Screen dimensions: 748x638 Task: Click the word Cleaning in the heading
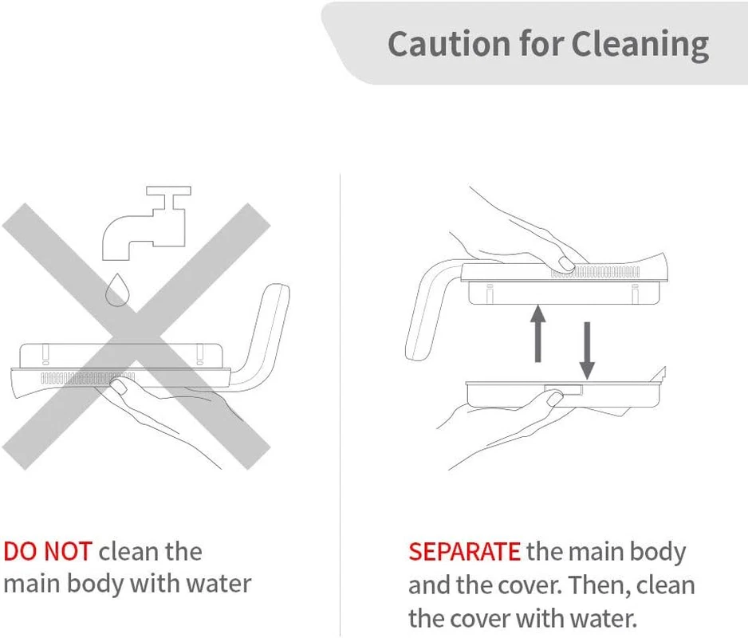pyautogui.click(x=640, y=45)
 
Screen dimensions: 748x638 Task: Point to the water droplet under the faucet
pyautogui.click(x=117, y=290)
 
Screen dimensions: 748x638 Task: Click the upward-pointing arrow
pyautogui.click(x=538, y=333)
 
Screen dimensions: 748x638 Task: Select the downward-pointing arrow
pyautogui.click(x=587, y=351)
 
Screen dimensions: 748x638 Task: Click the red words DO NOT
pyautogui.click(x=48, y=552)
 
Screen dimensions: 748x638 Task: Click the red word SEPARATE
pyautogui.click(x=464, y=552)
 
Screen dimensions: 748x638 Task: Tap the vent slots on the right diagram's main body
pyautogui.click(x=595, y=273)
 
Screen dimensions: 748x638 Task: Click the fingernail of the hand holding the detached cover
pyautogui.click(x=555, y=397)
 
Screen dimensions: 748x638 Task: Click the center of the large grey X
pyautogui.click(x=136, y=337)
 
